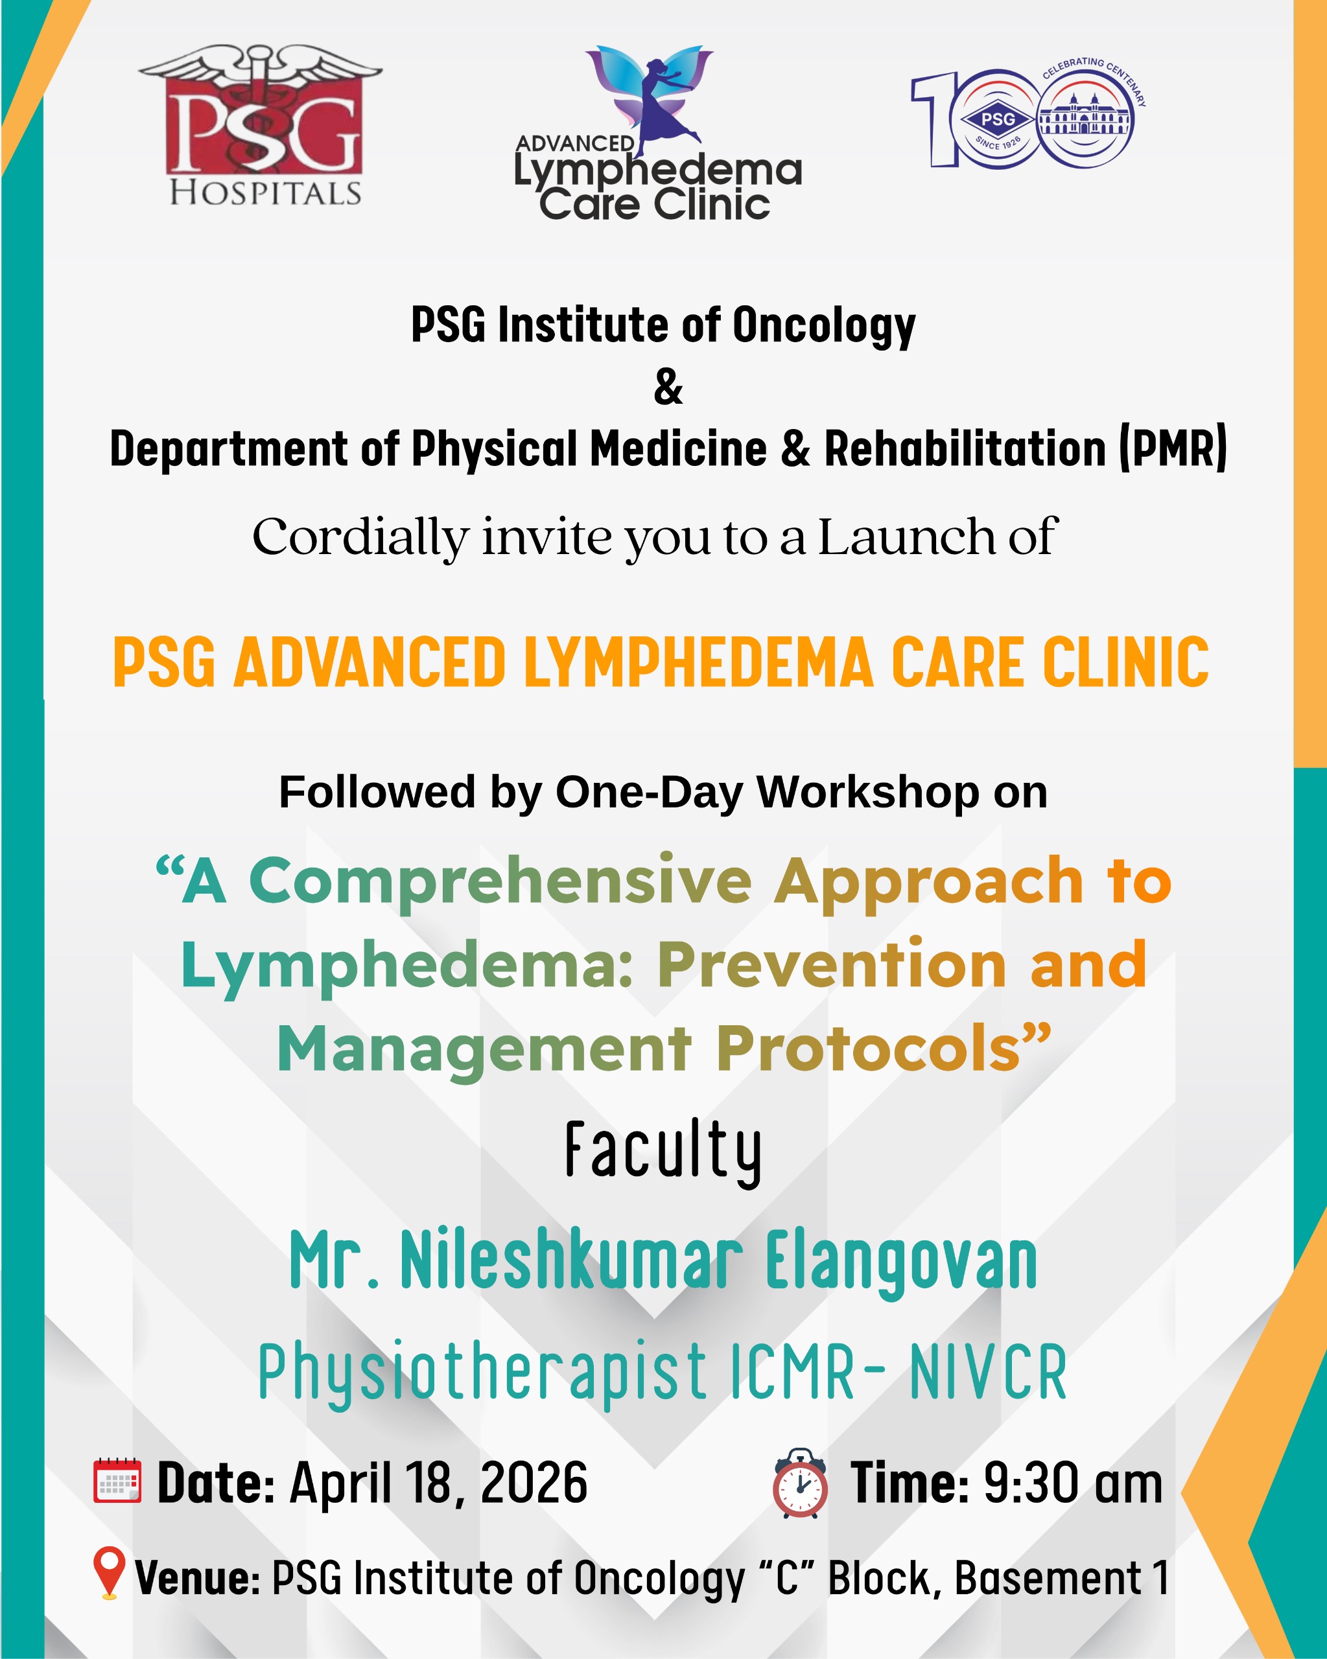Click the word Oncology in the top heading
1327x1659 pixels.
823,325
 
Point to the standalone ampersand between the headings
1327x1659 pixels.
667,387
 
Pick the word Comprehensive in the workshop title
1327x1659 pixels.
500,882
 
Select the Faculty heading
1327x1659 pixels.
664,1153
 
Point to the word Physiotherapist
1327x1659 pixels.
482,1371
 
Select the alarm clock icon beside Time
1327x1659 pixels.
800,1482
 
